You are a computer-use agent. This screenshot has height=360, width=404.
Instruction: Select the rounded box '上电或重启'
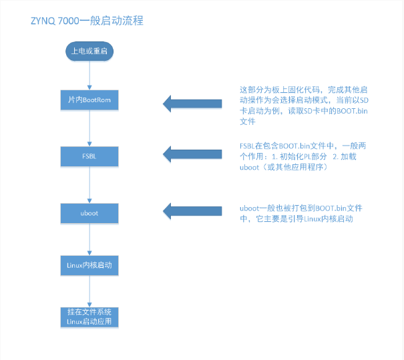pyautogui.click(x=89, y=51)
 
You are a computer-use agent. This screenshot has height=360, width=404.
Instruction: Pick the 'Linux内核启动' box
pyautogui.click(x=89, y=265)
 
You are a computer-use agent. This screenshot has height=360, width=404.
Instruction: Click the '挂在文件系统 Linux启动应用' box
pyautogui.click(x=89, y=317)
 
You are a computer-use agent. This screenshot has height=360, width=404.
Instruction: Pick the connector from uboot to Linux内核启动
pyautogui.click(x=89, y=239)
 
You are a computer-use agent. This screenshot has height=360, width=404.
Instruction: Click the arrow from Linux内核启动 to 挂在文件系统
pyautogui.click(x=89, y=291)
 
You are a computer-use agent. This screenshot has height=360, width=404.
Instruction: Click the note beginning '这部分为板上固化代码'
pyautogui.click(x=303, y=106)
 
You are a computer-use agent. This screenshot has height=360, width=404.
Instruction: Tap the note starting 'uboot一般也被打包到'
pyautogui.click(x=300, y=214)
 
